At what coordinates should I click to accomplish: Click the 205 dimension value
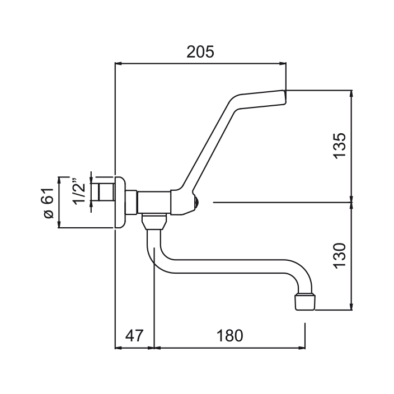click(200, 52)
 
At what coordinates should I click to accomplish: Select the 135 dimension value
click(340, 146)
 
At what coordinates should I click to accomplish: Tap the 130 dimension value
click(340, 255)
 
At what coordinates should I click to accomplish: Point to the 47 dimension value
click(133, 336)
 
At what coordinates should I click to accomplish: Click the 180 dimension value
click(229, 336)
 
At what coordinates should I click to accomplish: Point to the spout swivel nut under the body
click(154, 222)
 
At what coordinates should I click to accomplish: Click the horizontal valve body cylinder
click(154, 201)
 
